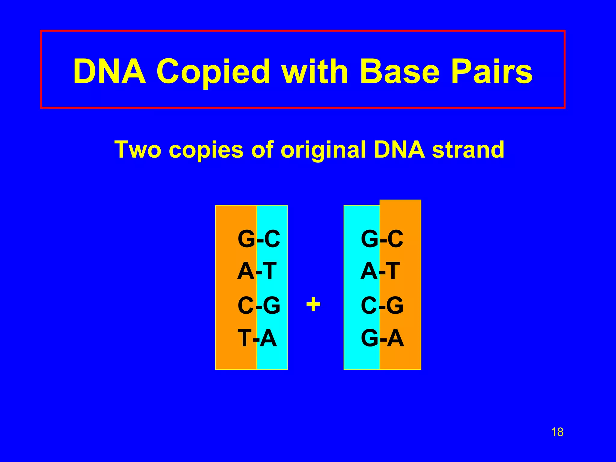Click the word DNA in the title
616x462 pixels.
coord(109,72)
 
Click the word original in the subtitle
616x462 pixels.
coord(323,150)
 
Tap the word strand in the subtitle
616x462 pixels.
coord(468,149)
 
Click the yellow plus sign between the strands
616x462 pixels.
coord(313,304)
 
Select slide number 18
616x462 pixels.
coord(557,432)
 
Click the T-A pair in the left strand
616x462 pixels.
coord(257,338)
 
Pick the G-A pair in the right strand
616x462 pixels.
coord(382,338)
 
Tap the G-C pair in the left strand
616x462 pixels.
coord(259,239)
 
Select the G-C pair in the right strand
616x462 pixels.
coord(382,239)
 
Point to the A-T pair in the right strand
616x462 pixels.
coord(380,271)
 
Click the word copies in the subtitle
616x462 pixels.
coord(208,150)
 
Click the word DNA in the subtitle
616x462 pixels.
coord(399,149)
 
